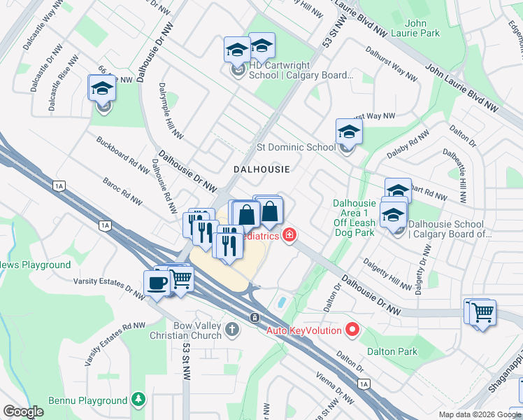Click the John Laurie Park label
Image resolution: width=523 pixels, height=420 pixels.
point(423,28)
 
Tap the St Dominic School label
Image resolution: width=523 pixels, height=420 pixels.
point(296,148)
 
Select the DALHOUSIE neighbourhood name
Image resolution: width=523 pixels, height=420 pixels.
point(261,169)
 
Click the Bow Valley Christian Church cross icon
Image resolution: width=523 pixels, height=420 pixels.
point(234,328)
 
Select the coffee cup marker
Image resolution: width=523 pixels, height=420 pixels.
point(157,283)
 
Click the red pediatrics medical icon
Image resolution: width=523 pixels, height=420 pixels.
point(287,236)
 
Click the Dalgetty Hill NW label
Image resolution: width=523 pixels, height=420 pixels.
point(387,273)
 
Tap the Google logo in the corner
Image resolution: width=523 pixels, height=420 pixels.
point(23,412)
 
